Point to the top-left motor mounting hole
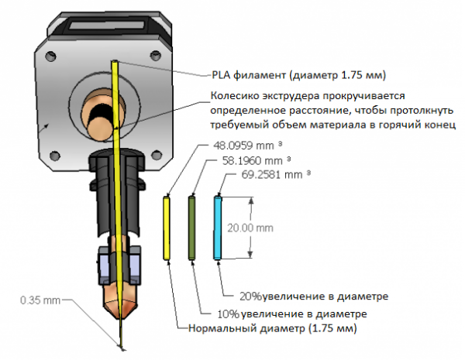pos(50,55)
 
